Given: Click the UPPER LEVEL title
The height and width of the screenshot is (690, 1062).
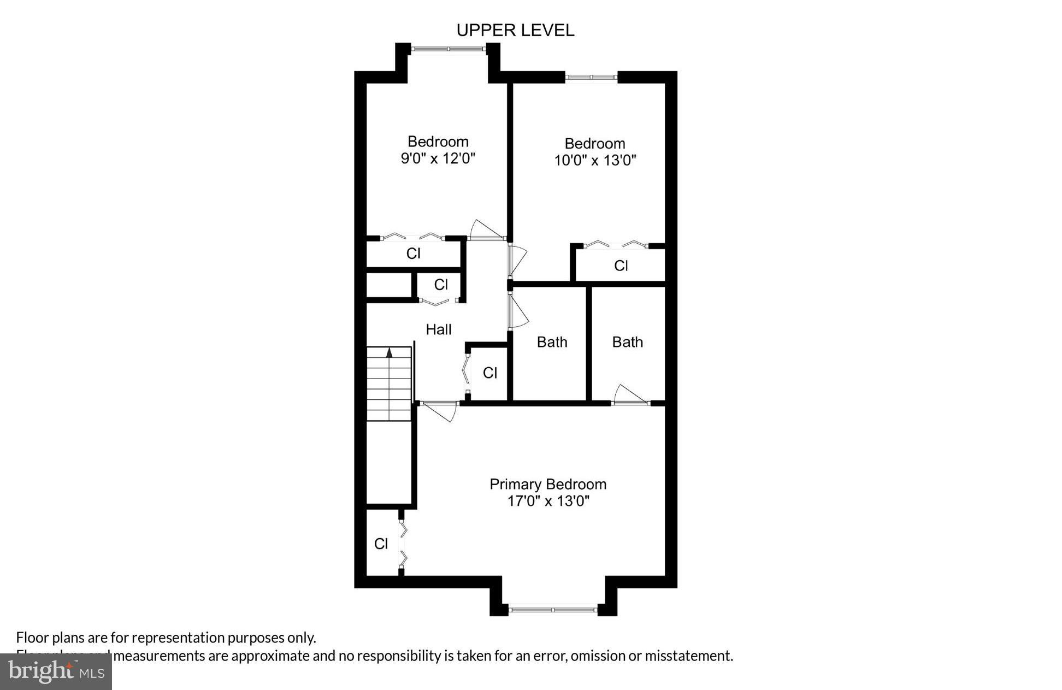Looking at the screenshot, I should (x=515, y=31).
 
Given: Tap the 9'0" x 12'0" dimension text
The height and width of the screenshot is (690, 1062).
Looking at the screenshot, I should (x=438, y=159).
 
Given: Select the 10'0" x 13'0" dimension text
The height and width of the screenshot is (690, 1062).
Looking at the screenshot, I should (x=595, y=161).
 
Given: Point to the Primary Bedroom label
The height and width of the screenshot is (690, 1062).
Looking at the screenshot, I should (x=547, y=484).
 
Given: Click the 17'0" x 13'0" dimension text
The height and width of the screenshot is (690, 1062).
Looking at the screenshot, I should (x=548, y=501).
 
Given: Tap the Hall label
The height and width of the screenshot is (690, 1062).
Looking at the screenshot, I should (x=438, y=329).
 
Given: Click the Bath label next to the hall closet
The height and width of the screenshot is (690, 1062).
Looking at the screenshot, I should (x=552, y=342).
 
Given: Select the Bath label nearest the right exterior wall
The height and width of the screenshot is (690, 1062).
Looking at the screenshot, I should (x=627, y=342).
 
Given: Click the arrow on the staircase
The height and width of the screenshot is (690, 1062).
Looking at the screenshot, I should (x=389, y=353).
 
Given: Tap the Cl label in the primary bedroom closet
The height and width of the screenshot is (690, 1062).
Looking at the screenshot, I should (x=381, y=544).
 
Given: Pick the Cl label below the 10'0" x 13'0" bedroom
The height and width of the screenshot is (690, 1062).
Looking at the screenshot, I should (x=621, y=266).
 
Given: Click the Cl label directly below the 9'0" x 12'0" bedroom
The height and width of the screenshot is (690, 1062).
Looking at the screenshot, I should (x=413, y=253).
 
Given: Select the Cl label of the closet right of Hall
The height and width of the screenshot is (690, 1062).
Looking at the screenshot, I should (x=490, y=373).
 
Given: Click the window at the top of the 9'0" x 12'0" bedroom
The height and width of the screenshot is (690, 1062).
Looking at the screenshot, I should (x=448, y=49).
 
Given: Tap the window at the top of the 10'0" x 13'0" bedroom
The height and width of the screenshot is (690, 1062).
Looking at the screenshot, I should (x=591, y=78).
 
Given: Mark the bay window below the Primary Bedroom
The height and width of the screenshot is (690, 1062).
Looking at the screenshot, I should (x=553, y=609).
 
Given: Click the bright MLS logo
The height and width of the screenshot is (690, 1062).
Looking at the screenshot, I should (x=56, y=671).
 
